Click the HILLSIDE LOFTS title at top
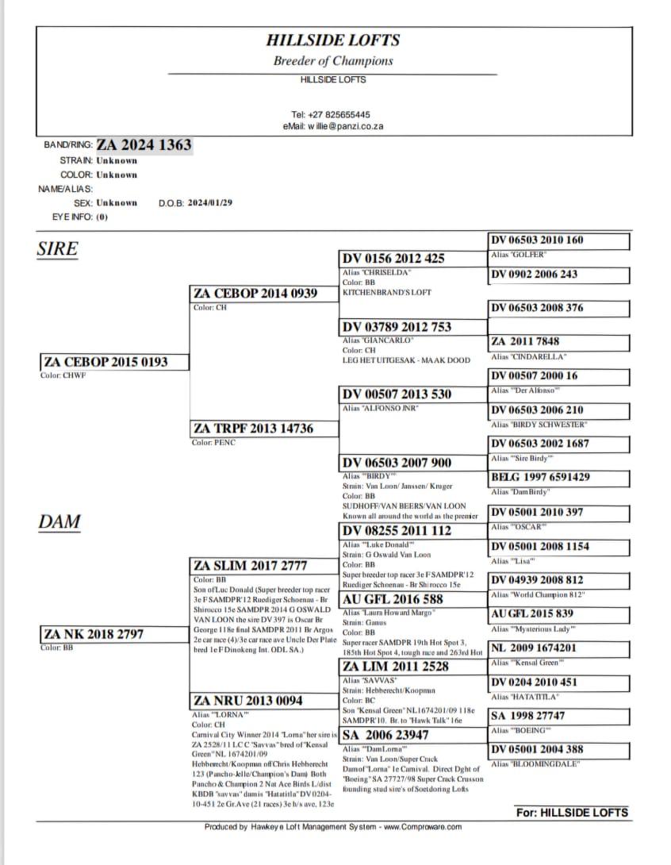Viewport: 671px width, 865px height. coord(333,40)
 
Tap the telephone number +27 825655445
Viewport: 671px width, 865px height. coord(330,114)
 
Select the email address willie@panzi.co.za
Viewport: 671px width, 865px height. coord(333,126)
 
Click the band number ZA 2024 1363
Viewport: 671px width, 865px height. coord(144,145)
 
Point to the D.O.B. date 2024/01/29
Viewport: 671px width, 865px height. coord(209,202)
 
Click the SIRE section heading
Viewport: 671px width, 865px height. coord(57,249)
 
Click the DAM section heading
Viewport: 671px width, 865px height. coord(59,521)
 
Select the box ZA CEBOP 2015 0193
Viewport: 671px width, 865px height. coord(105,362)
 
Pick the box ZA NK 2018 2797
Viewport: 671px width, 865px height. coord(94,633)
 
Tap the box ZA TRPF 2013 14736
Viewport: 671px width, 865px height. coord(253,429)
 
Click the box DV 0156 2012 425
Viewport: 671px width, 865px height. coord(393,259)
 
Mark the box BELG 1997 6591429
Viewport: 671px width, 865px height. coord(540,477)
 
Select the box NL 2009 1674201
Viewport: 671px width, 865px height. coord(535,648)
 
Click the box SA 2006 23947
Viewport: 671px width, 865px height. coord(385,736)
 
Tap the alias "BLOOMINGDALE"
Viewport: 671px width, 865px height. coord(535,763)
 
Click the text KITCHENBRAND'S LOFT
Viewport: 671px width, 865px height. coord(387,292)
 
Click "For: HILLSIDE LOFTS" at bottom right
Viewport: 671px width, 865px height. coord(572,813)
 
